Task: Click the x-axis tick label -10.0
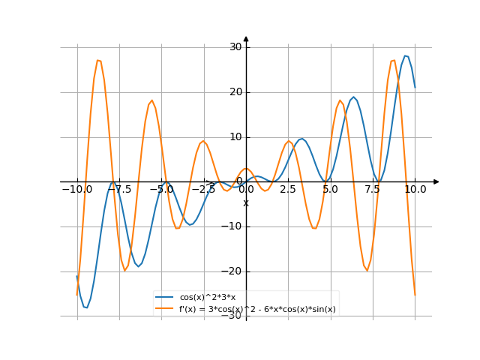(76, 190)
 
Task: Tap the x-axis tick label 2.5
(288, 190)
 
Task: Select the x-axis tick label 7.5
(373, 190)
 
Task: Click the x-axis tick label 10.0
(415, 190)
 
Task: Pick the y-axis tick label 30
(235, 47)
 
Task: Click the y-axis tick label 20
(235, 92)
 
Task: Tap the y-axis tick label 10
(235, 137)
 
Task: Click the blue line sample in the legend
(166, 298)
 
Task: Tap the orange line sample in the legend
(166, 309)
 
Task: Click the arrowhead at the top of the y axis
(246, 38)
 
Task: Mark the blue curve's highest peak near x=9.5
(406, 55)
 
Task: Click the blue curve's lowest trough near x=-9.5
(86, 307)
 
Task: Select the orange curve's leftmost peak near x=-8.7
(99, 60)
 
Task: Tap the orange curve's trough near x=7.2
(367, 270)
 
